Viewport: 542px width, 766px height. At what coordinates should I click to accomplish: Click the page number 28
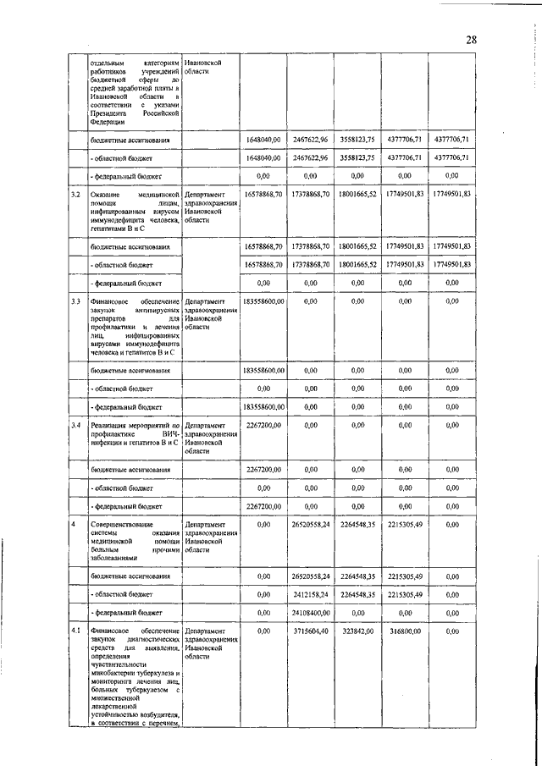(x=472, y=40)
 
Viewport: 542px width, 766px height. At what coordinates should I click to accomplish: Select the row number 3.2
(x=75, y=195)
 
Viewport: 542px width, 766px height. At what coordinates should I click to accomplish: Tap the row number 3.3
(x=75, y=301)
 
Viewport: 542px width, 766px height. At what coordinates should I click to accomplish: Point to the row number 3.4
(x=75, y=425)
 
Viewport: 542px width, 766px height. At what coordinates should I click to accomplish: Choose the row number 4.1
(x=75, y=631)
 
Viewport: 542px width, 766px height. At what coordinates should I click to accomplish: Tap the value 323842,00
(x=358, y=631)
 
